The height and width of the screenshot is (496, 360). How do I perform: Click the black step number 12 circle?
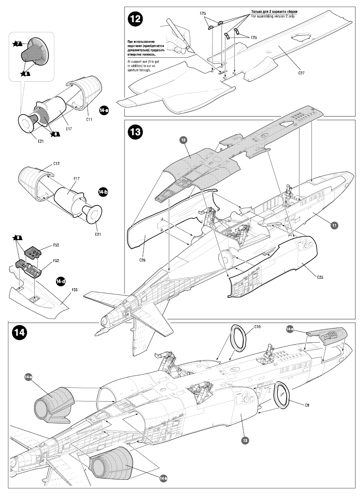click(136, 19)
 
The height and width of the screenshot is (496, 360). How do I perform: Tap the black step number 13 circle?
click(136, 132)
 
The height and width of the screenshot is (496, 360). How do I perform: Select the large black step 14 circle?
click(20, 333)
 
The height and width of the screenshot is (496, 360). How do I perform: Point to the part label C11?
click(89, 120)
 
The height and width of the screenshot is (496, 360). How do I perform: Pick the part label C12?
click(57, 164)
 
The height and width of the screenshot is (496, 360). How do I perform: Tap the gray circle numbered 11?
click(334, 225)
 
